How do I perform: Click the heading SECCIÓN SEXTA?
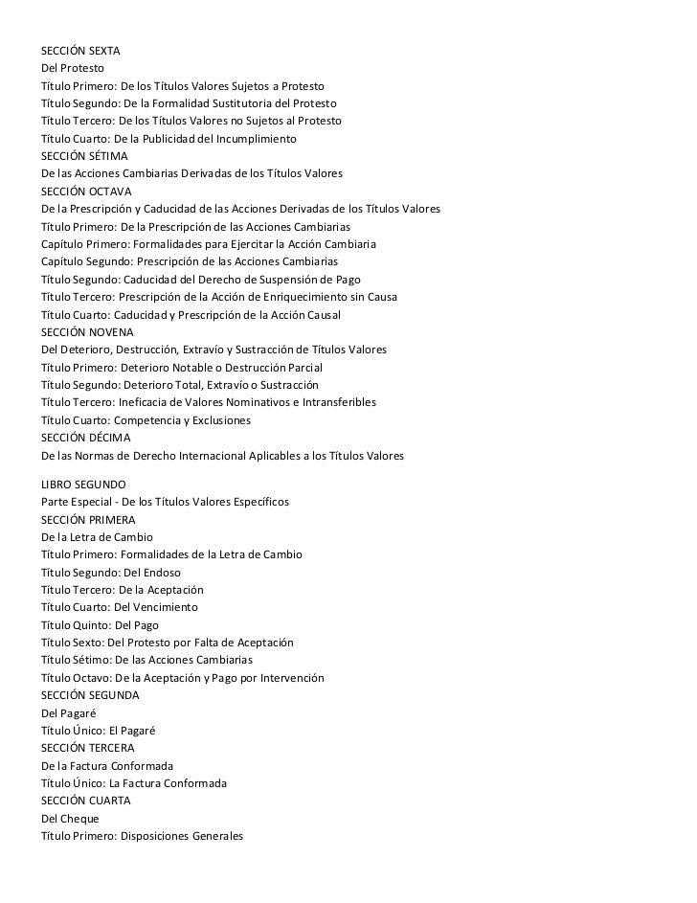click(x=79, y=51)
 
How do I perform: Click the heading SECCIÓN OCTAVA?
click(x=82, y=191)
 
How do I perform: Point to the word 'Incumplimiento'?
click(x=257, y=139)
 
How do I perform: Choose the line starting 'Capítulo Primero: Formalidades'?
click(x=208, y=244)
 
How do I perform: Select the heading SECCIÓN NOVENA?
click(x=86, y=332)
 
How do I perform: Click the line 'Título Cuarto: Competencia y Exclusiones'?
click(x=145, y=420)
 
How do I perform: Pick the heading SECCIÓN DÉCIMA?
click(x=85, y=438)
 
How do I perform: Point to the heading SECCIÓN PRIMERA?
click(x=87, y=520)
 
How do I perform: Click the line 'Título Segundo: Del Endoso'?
click(x=110, y=573)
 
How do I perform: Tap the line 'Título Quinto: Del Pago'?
click(x=100, y=625)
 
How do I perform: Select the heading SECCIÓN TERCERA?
click(x=86, y=747)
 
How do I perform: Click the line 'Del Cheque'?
click(x=70, y=819)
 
